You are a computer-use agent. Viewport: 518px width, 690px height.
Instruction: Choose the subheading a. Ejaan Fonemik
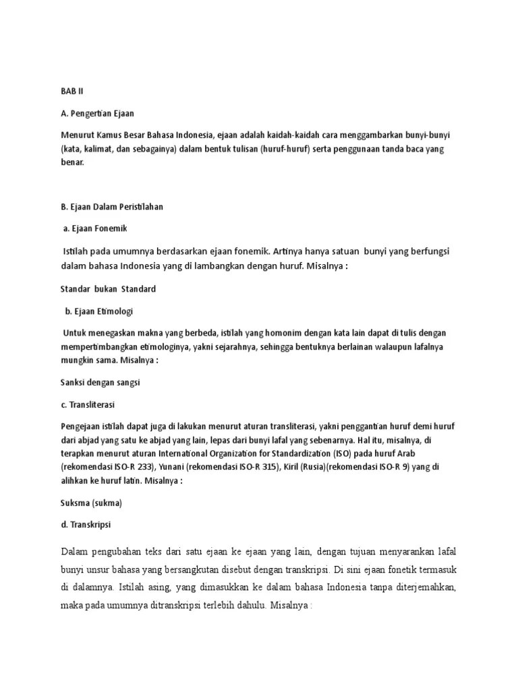[x=95, y=228]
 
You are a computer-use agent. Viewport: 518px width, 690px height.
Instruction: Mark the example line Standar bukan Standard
[x=108, y=289]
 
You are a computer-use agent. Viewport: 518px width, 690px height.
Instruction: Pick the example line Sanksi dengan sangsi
[x=100, y=382]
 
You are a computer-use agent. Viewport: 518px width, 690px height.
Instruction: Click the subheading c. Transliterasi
[x=92, y=405]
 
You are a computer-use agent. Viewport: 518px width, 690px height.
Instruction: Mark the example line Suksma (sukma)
[x=91, y=503]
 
